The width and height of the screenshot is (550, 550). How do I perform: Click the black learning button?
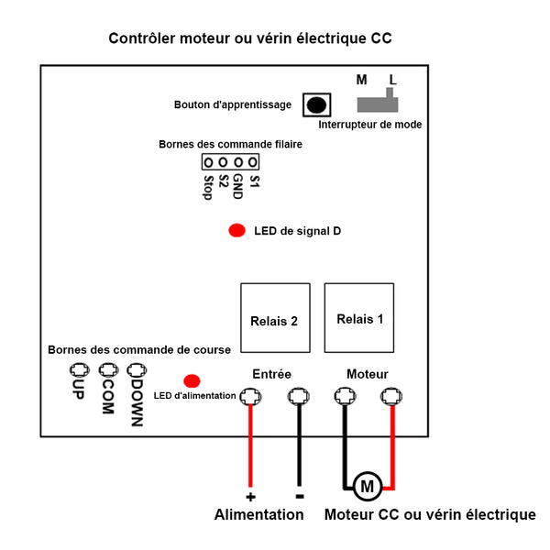click(x=315, y=104)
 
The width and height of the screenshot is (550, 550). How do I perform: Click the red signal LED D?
click(x=236, y=231)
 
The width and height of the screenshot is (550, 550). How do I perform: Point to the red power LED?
click(x=192, y=380)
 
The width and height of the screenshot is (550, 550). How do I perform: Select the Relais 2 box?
click(x=274, y=318)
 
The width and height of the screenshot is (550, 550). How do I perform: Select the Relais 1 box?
click(x=359, y=318)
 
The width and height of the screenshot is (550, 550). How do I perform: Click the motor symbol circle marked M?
click(x=367, y=486)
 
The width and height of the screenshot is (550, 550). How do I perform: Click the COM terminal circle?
click(x=108, y=370)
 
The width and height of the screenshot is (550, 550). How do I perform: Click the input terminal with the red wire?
click(x=250, y=397)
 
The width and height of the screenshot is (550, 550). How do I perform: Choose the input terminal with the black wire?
click(x=298, y=397)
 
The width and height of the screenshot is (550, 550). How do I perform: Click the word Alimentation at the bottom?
click(x=258, y=515)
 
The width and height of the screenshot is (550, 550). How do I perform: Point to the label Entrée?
click(x=271, y=374)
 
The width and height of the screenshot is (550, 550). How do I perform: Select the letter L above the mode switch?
click(x=393, y=80)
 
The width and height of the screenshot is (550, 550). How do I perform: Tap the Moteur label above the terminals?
click(x=367, y=374)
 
